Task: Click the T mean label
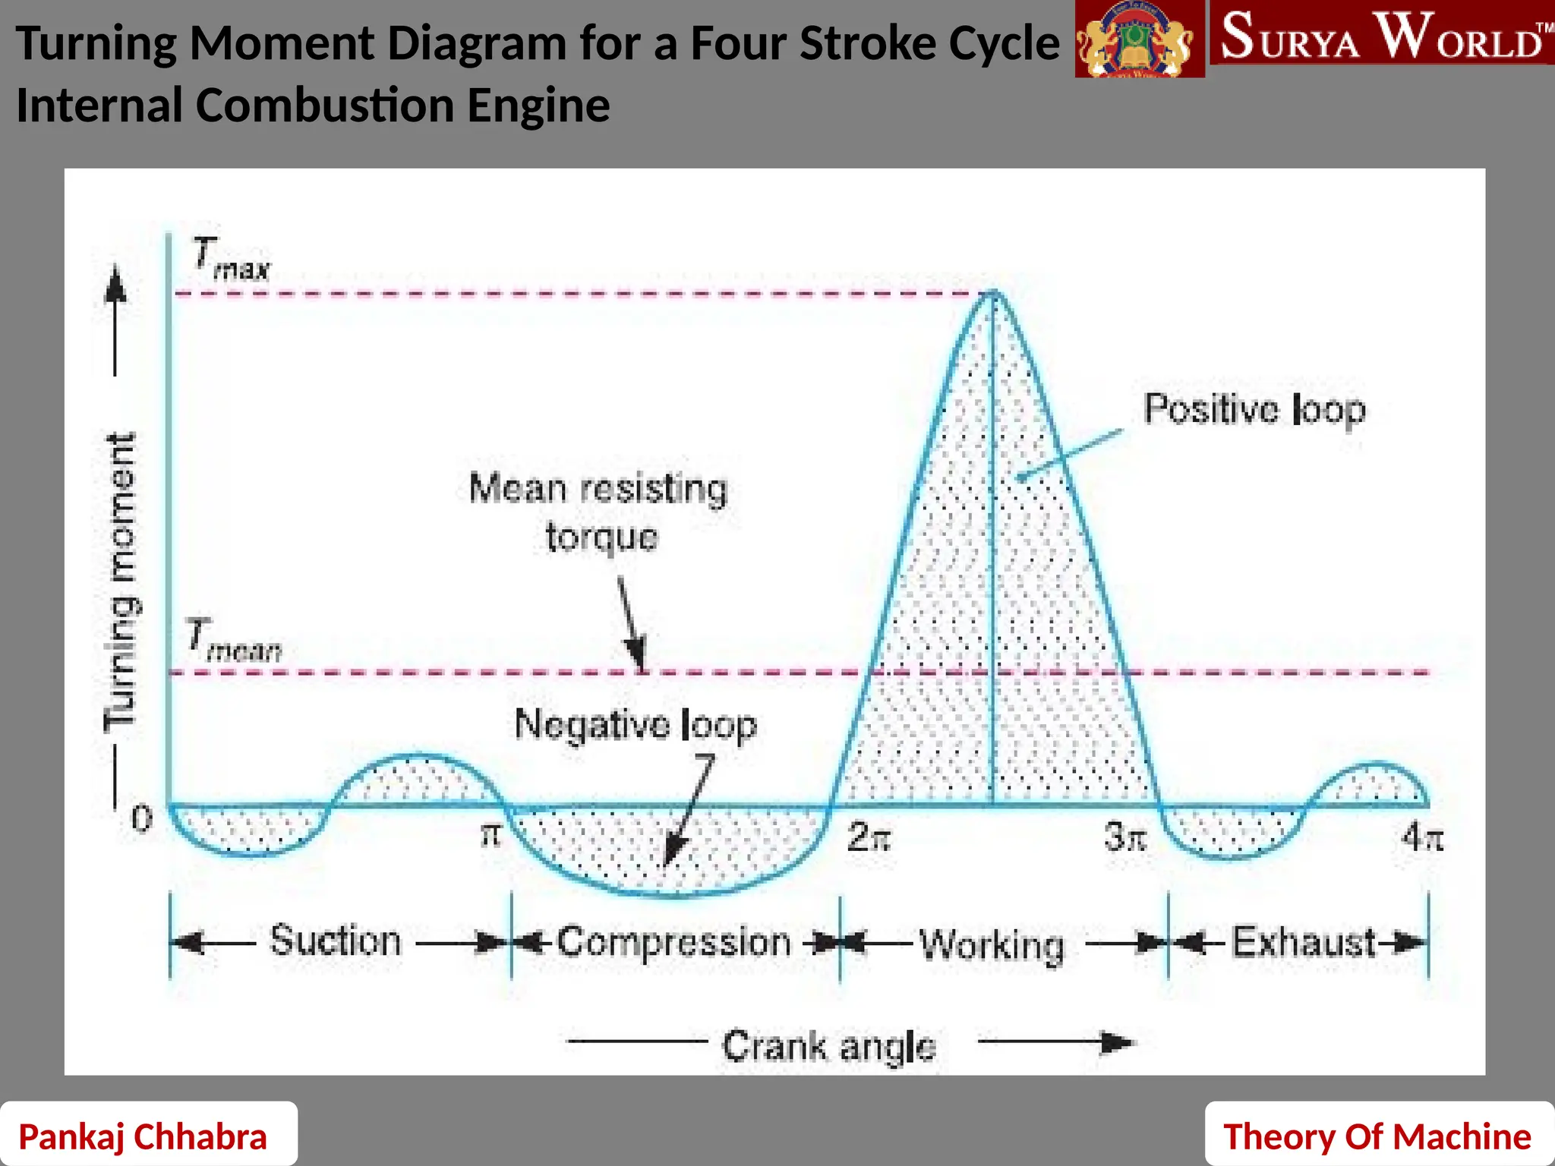click(234, 641)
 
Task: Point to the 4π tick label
click(1422, 837)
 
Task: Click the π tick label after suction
click(491, 836)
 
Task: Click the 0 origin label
click(142, 819)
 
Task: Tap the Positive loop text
click(1254, 410)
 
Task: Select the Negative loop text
click(636, 724)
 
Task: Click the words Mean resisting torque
click(599, 512)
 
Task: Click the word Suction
click(336, 941)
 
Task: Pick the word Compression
click(674, 942)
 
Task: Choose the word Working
click(992, 945)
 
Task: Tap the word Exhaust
click(1303, 942)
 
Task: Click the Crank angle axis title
click(828, 1047)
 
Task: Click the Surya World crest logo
click(1139, 39)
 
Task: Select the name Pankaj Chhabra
click(143, 1136)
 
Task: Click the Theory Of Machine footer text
click(1377, 1136)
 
